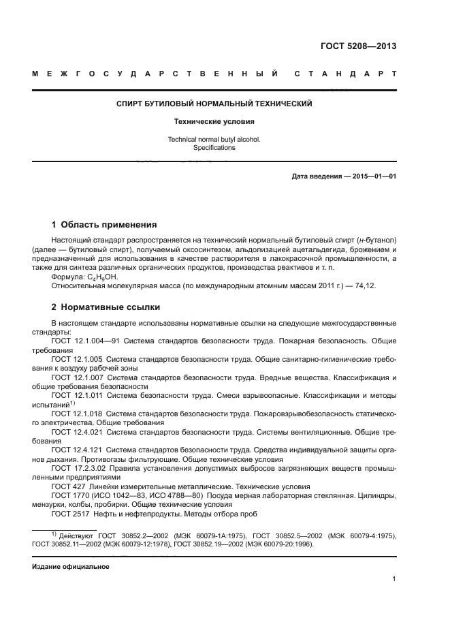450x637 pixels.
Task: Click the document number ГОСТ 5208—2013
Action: tap(358, 46)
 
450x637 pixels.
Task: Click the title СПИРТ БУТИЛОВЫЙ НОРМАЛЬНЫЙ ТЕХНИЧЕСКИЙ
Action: tap(214, 104)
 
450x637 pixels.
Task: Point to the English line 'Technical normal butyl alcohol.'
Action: tap(214, 139)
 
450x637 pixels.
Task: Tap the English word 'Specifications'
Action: tap(214, 147)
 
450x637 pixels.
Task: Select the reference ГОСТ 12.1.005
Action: tap(77, 358)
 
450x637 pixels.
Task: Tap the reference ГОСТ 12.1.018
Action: tap(77, 414)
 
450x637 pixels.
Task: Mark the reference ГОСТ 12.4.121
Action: tap(77, 450)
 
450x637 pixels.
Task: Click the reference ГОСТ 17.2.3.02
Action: tap(78, 469)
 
